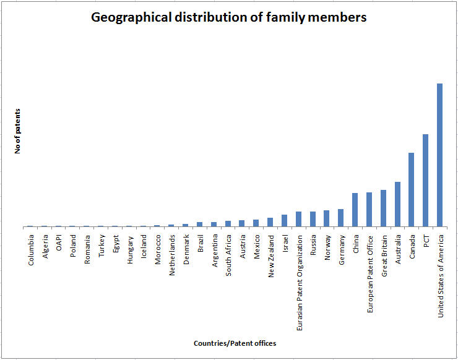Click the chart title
pyautogui.click(x=229, y=17)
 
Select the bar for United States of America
pyautogui.click(x=439, y=155)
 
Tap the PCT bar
pyautogui.click(x=425, y=180)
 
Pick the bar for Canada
pyautogui.click(x=411, y=189)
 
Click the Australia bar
pyautogui.click(x=397, y=204)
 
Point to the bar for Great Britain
pyautogui.click(x=383, y=208)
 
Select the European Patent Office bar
pyautogui.click(x=369, y=209)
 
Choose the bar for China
pyautogui.click(x=355, y=210)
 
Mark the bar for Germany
pyautogui.click(x=340, y=218)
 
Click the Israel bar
pyautogui.click(x=284, y=220)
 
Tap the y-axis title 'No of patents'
pyautogui.click(x=18, y=131)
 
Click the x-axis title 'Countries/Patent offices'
pyautogui.click(x=235, y=343)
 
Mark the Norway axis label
pyautogui.click(x=327, y=247)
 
